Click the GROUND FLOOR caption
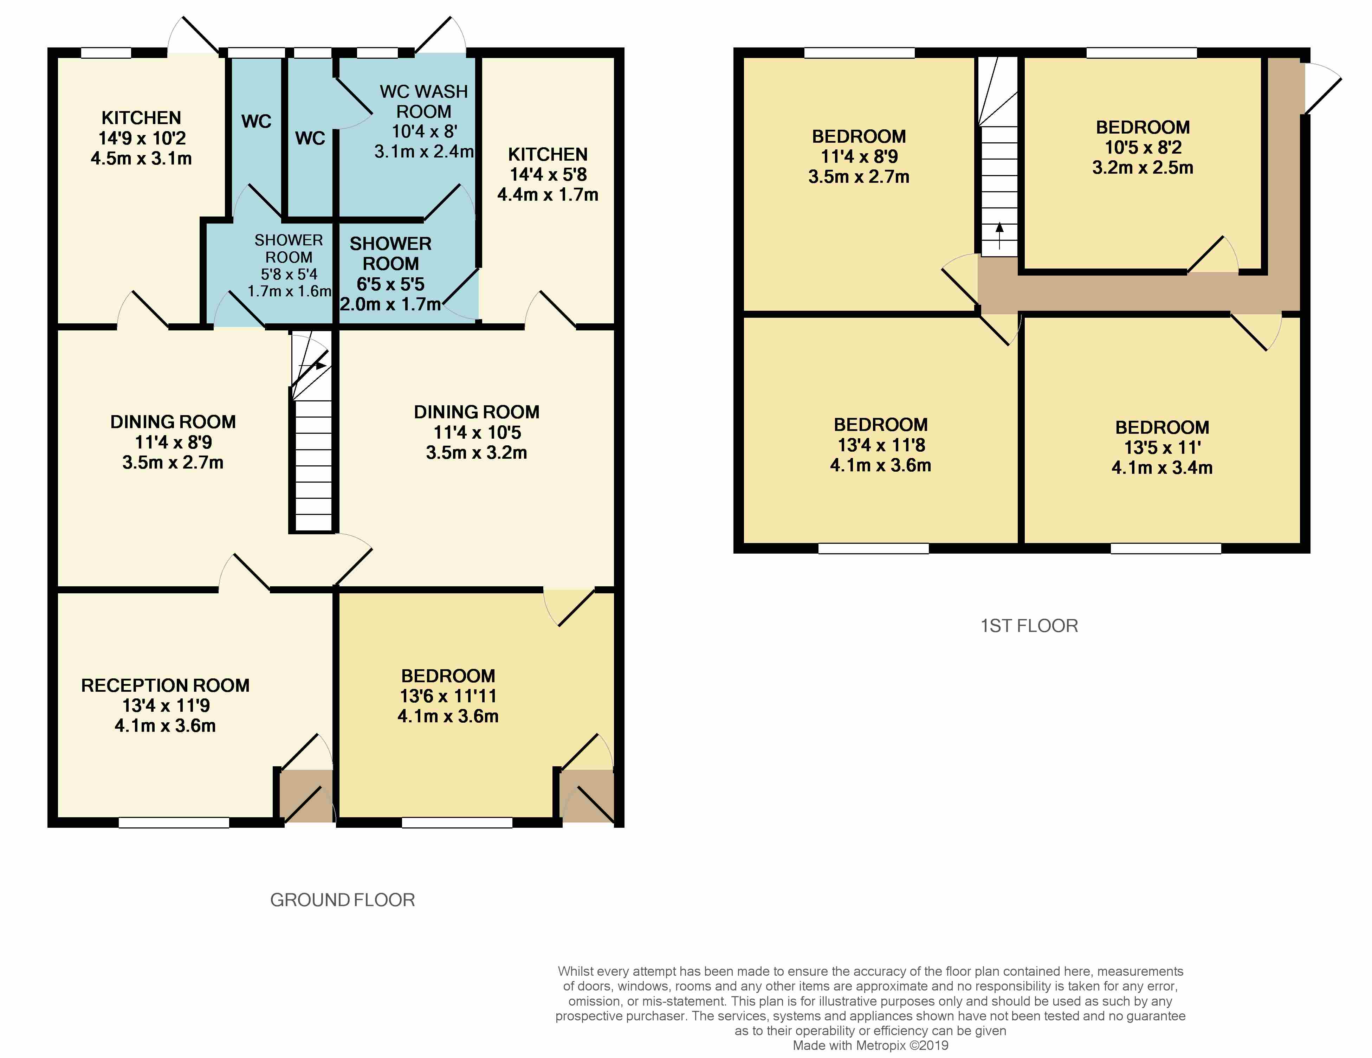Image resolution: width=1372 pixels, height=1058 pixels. coord(342,900)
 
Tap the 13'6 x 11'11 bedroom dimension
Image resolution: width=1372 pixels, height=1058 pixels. coord(448,696)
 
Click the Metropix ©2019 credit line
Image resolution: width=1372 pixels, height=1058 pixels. coord(871,1045)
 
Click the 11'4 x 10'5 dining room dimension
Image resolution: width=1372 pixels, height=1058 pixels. coord(477,432)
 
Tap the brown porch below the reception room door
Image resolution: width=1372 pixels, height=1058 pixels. coord(306,796)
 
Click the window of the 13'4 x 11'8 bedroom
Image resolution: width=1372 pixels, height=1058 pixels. coord(874,548)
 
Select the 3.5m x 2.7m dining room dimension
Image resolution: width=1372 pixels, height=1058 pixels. coord(173,463)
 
